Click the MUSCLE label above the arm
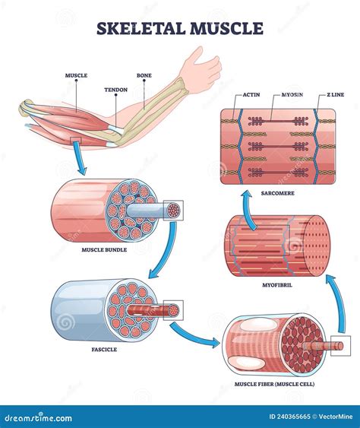pyautogui.click(x=75, y=76)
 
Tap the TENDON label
pyautogui.click(x=115, y=89)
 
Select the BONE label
pyautogui.click(x=144, y=76)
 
